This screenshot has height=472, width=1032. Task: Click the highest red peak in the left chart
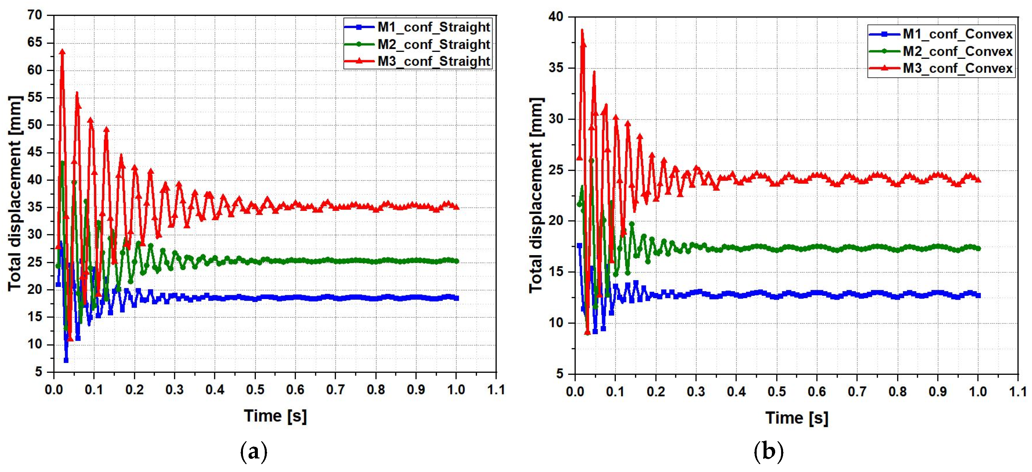coord(62,52)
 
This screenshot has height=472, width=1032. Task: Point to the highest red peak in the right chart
coord(582,30)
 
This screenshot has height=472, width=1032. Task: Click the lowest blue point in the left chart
coord(66,360)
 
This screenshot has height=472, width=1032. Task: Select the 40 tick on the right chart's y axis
coord(556,17)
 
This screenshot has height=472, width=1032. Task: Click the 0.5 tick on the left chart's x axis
coord(255,389)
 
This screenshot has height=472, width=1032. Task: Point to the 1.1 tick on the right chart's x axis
coord(1017,391)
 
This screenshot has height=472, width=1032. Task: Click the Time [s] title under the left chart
coord(275,416)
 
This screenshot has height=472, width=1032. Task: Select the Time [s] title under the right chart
coord(796,418)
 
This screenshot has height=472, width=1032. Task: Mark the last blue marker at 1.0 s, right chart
coord(978,295)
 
